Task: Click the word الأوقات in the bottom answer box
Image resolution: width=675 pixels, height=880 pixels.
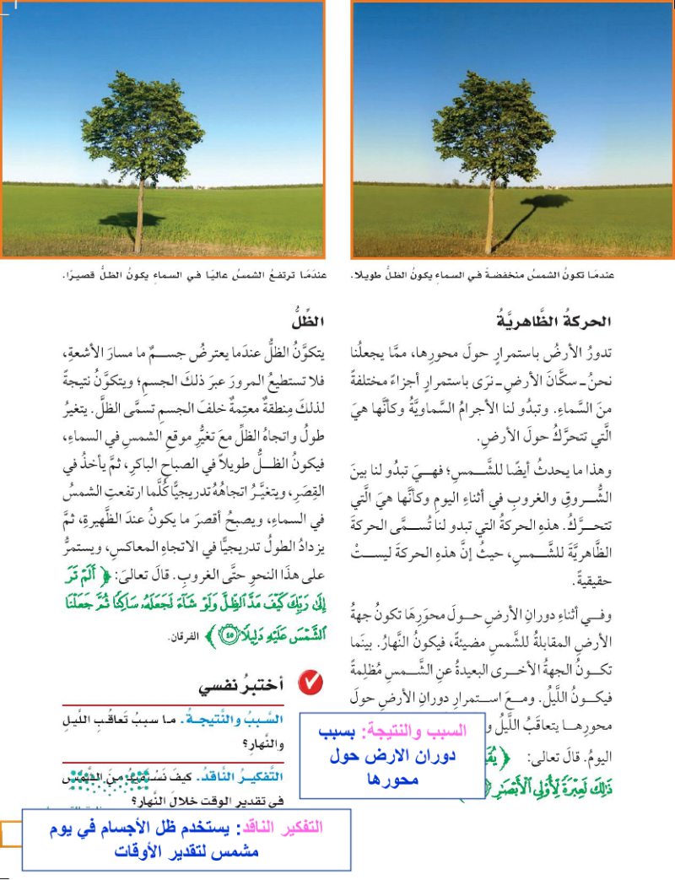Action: pyautogui.click(x=138, y=850)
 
